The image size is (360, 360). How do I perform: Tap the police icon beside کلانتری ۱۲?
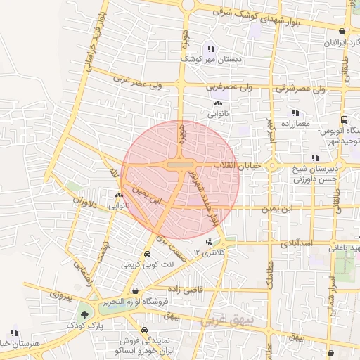[208, 242]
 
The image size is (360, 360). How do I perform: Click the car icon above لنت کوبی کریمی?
[147, 255]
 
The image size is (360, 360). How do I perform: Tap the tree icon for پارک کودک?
[85, 315]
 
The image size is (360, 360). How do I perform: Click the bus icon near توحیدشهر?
[343, 120]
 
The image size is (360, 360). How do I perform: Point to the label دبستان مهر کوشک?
[211, 60]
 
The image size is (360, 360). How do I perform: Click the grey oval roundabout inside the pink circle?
[181, 165]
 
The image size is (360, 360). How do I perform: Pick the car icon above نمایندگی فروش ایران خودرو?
[143, 329]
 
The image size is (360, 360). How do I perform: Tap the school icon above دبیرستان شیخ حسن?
[314, 157]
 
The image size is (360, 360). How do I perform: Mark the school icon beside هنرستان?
[14, 333]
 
